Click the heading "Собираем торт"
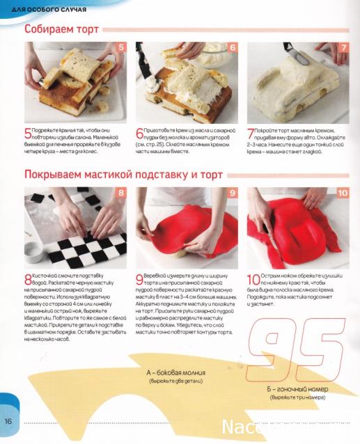pyautogui.click(x=62, y=30)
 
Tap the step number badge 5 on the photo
pyautogui.click(x=120, y=48)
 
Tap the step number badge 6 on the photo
pyautogui.click(x=232, y=48)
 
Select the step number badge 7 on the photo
pyautogui.click(x=343, y=48)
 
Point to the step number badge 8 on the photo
pyautogui.click(x=120, y=193)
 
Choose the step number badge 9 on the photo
pyautogui.click(x=232, y=193)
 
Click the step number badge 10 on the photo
pyautogui.click(x=342, y=193)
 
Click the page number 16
pyautogui.click(x=9, y=421)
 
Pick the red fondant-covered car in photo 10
pyautogui.click(x=296, y=226)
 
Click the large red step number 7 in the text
pyautogui.click(x=251, y=133)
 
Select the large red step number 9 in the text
pyautogui.click(x=139, y=278)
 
